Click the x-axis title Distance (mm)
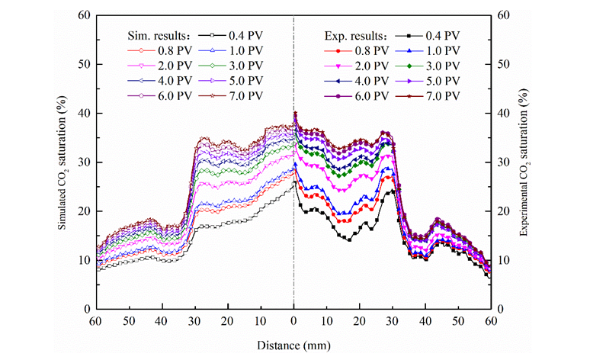point(294,346)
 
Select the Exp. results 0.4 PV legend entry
point(429,36)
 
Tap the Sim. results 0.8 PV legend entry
point(164,50)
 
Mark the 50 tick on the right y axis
point(504,64)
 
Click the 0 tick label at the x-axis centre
point(294,323)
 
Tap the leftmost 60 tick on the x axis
point(97,323)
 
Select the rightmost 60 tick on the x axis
point(490,323)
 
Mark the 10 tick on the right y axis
point(504,260)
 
